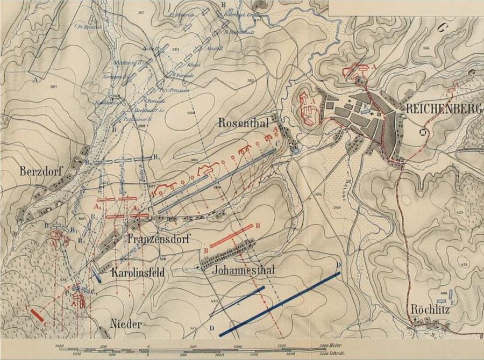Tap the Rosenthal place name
(244, 123)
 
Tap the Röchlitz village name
(429, 309)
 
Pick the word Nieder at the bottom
(126, 325)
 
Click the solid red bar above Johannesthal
(231, 236)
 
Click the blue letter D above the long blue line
(339, 265)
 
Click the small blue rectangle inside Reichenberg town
(366, 112)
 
